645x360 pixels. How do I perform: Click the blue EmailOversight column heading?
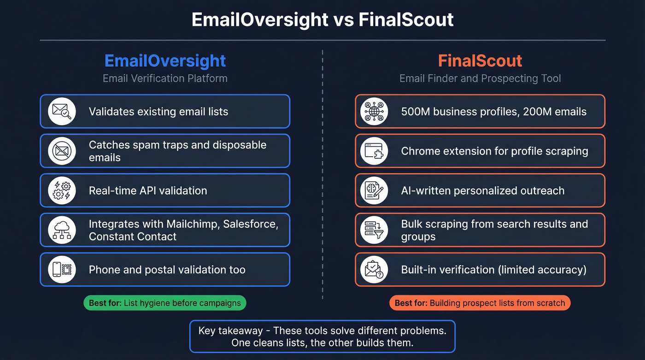[x=165, y=61]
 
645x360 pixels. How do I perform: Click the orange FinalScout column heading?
[x=480, y=61]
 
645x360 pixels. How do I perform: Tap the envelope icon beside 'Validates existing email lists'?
[x=62, y=111]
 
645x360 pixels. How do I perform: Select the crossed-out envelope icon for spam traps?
[x=62, y=151]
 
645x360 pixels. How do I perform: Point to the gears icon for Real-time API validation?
[x=62, y=190]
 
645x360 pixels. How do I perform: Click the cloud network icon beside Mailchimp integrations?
[x=62, y=230]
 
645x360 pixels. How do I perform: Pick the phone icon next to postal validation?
[x=62, y=270]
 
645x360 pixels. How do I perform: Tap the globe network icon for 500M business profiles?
[x=374, y=111]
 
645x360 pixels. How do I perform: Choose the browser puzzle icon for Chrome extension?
[x=374, y=151]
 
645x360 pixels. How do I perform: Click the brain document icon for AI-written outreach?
[x=374, y=190]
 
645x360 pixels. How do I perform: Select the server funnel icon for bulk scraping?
[x=374, y=230]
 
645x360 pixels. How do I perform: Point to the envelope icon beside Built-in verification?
[x=374, y=270]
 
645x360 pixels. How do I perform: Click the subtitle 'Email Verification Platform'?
[x=165, y=78]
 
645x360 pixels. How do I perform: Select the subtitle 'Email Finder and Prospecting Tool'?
[x=480, y=78]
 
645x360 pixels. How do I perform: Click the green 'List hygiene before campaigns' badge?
[x=165, y=303]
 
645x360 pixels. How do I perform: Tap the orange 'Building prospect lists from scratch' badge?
[x=480, y=303]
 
